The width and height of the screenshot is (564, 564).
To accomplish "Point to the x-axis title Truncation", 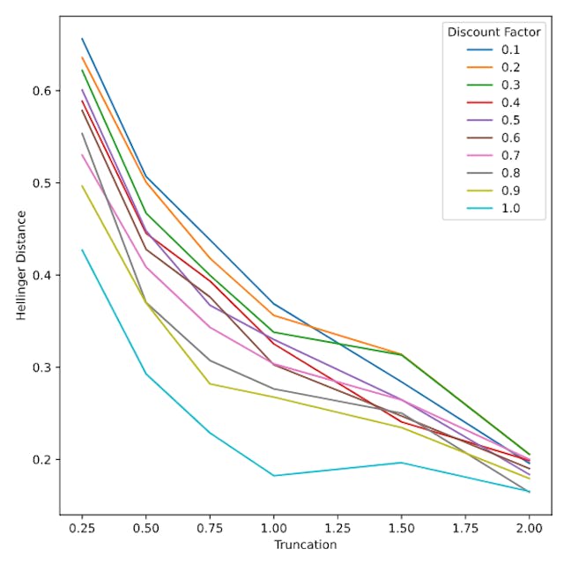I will [305, 545].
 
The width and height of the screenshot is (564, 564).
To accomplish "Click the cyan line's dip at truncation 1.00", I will [274, 476].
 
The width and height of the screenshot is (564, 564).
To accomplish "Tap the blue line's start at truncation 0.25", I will [82, 38].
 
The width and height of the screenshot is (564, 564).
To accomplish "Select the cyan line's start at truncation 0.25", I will [82, 249].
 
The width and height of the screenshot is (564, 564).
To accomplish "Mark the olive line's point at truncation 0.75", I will [210, 383].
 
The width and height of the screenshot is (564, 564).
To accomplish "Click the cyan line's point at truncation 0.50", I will [146, 374].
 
